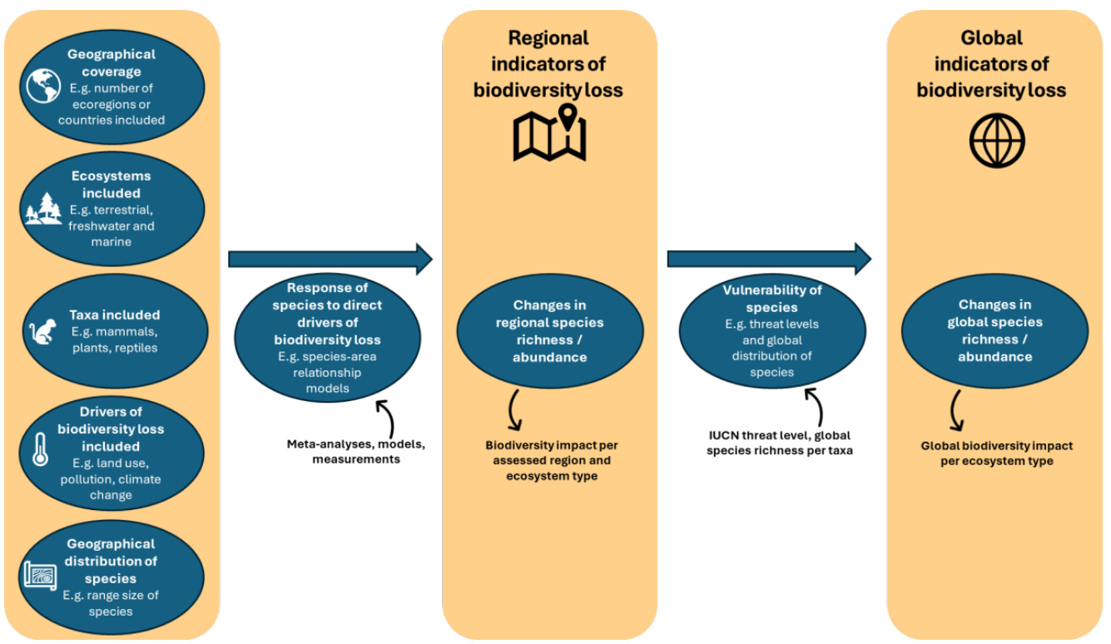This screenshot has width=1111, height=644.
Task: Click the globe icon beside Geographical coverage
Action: (43, 87)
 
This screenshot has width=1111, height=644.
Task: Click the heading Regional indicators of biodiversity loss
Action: (548, 64)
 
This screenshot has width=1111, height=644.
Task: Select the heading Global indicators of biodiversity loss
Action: (992, 64)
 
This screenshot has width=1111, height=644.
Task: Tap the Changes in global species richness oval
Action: (994, 331)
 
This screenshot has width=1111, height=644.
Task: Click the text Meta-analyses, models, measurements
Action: (356, 451)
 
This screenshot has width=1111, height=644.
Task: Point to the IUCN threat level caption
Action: (779, 443)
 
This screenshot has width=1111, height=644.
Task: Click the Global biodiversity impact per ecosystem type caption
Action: (996, 453)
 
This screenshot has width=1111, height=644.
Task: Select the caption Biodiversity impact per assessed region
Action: (551, 461)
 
